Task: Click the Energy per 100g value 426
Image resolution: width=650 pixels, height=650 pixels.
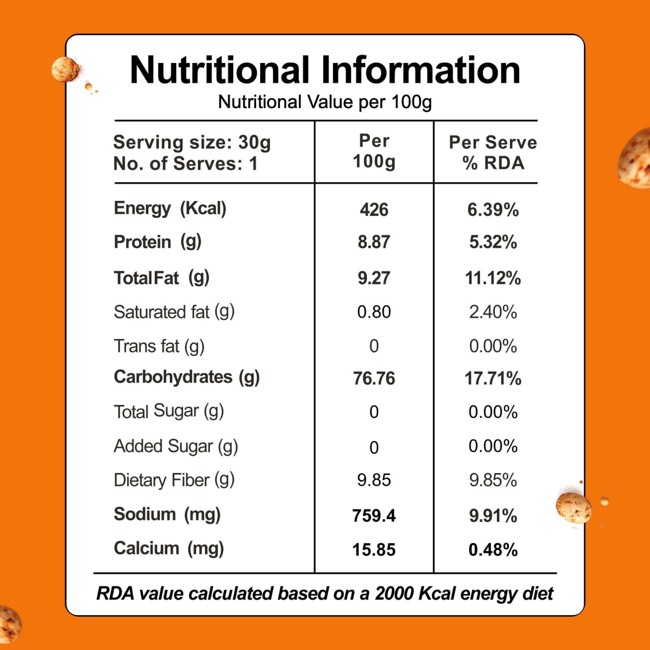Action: (374, 210)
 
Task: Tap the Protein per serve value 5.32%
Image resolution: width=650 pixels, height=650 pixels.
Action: (493, 242)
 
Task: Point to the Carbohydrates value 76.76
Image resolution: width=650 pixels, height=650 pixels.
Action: (374, 379)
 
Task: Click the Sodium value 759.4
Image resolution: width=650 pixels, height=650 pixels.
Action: (374, 516)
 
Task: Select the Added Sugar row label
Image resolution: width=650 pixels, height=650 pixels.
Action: (176, 447)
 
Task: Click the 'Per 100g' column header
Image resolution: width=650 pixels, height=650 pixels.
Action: (374, 151)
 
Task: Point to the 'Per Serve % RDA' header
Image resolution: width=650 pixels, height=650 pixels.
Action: (493, 153)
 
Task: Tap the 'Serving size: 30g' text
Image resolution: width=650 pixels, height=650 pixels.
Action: (192, 143)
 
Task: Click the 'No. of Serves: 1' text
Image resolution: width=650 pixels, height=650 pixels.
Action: (186, 164)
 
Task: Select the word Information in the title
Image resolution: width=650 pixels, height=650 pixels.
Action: (421, 70)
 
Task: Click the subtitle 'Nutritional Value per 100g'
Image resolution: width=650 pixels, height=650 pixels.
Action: (325, 102)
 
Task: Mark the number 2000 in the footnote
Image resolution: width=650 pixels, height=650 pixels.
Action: (394, 594)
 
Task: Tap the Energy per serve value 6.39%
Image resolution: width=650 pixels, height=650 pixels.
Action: (493, 210)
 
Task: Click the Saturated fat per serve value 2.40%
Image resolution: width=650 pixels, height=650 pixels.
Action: (493, 312)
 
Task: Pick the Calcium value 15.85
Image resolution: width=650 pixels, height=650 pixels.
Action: (374, 550)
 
